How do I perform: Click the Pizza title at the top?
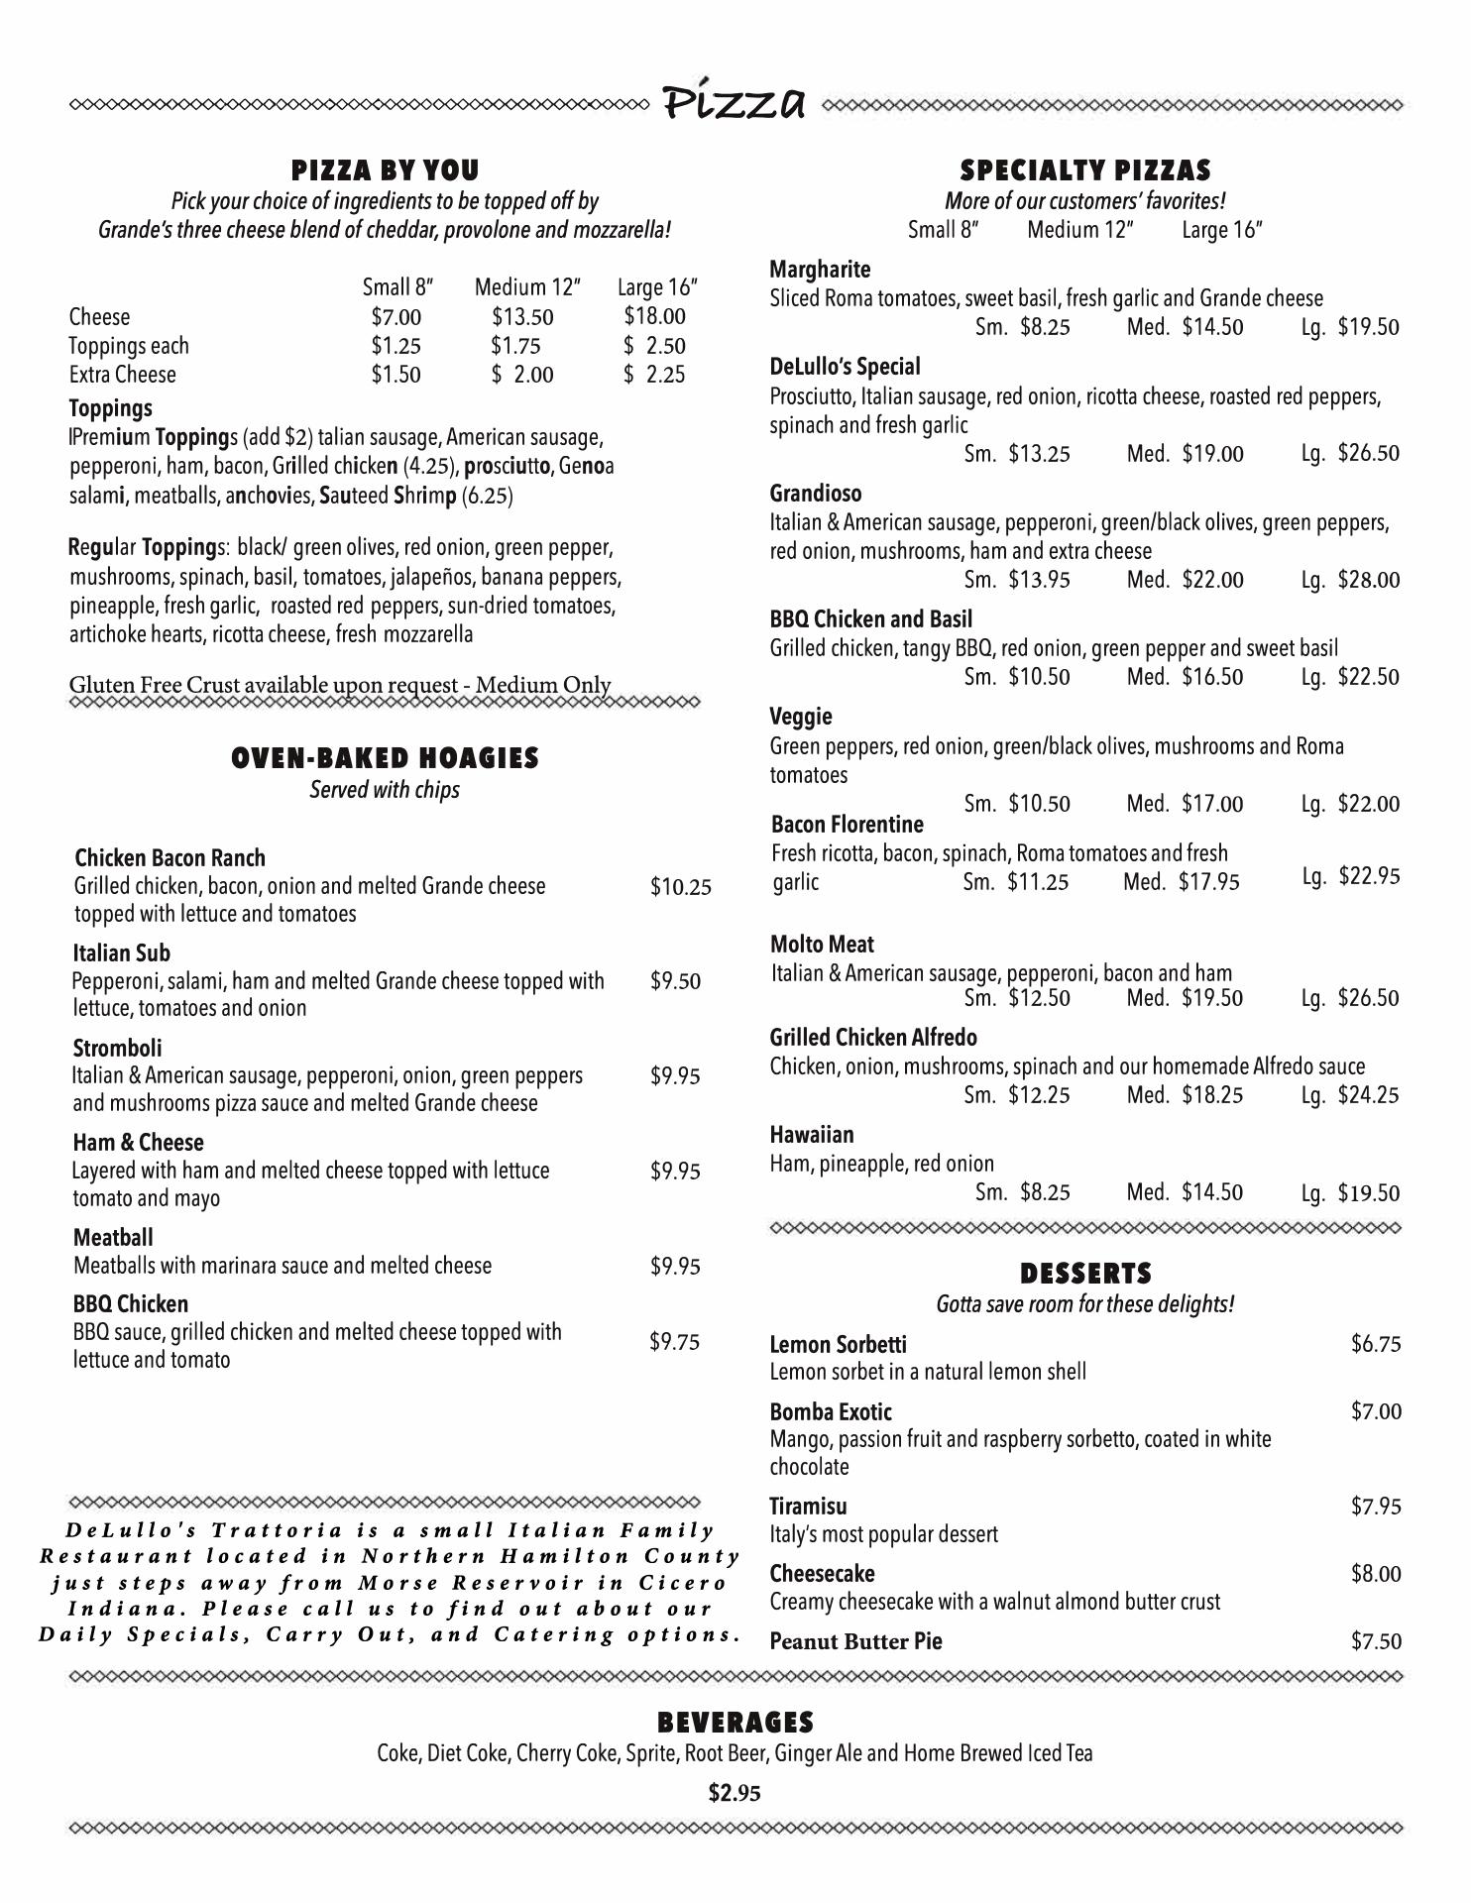pyautogui.click(x=735, y=101)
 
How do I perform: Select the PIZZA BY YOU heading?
pyautogui.click(x=385, y=170)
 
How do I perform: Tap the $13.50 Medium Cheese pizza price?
pyautogui.click(x=522, y=317)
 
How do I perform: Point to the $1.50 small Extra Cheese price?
pyautogui.click(x=396, y=375)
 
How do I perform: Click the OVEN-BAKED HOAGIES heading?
pyautogui.click(x=385, y=758)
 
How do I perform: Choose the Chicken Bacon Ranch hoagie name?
pyautogui.click(x=170, y=857)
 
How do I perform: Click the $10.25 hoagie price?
pyautogui.click(x=680, y=887)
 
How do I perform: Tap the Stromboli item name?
pyautogui.click(x=117, y=1048)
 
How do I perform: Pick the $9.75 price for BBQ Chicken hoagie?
pyautogui.click(x=674, y=1342)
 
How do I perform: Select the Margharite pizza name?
pyautogui.click(x=820, y=270)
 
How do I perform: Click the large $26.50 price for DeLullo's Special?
pyautogui.click(x=1368, y=454)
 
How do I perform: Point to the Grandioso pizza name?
pyautogui.click(x=815, y=494)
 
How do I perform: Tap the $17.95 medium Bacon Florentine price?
pyautogui.click(x=1208, y=882)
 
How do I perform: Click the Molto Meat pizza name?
pyautogui.click(x=822, y=945)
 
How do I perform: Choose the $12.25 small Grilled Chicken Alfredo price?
pyautogui.click(x=1039, y=1095)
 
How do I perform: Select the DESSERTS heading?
pyautogui.click(x=1085, y=1274)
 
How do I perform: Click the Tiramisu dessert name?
pyautogui.click(x=808, y=1507)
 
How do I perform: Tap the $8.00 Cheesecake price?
pyautogui.click(x=1376, y=1574)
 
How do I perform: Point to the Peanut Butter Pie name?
pyautogui.click(x=855, y=1641)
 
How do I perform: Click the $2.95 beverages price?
pyautogui.click(x=735, y=1793)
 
